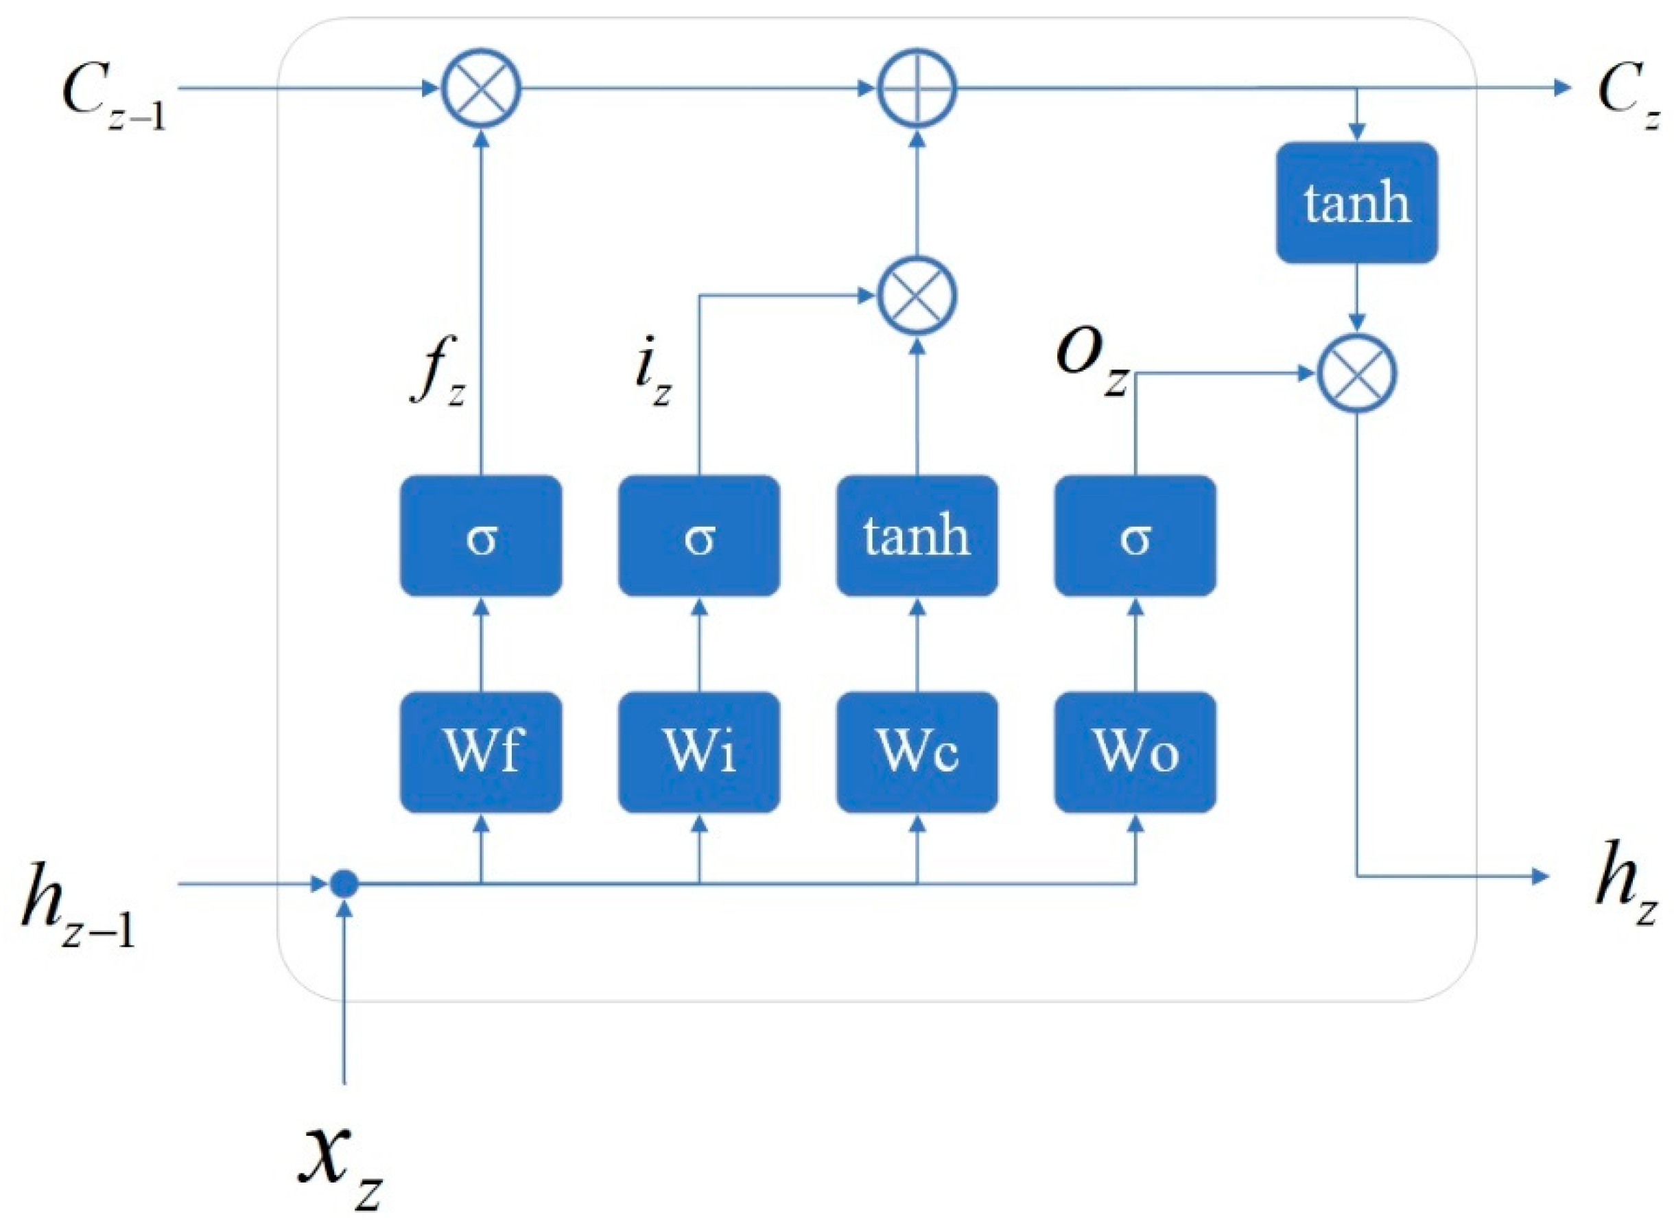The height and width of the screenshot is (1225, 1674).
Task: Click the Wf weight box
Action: tap(481, 752)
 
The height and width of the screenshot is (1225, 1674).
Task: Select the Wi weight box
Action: tap(698, 752)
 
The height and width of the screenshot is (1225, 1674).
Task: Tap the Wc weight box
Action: tap(917, 752)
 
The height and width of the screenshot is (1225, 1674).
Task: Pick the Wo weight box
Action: tap(1135, 752)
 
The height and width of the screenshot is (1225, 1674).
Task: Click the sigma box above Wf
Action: tap(481, 536)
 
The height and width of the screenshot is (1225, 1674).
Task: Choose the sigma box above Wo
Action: tap(1135, 536)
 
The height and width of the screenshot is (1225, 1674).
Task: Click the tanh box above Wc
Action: tap(917, 536)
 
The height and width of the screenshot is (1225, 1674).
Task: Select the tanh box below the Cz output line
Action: tap(1356, 202)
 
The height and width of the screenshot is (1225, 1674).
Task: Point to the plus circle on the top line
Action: tap(917, 89)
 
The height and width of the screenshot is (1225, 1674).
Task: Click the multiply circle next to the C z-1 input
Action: tap(482, 89)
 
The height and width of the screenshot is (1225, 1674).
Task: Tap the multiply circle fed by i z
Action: tap(917, 296)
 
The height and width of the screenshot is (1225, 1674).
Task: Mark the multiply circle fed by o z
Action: tap(1356, 374)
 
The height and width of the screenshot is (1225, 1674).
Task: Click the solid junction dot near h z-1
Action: tap(344, 884)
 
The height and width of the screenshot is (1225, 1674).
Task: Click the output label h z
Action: tap(1625, 886)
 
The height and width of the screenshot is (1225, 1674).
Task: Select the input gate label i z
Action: tap(651, 380)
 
